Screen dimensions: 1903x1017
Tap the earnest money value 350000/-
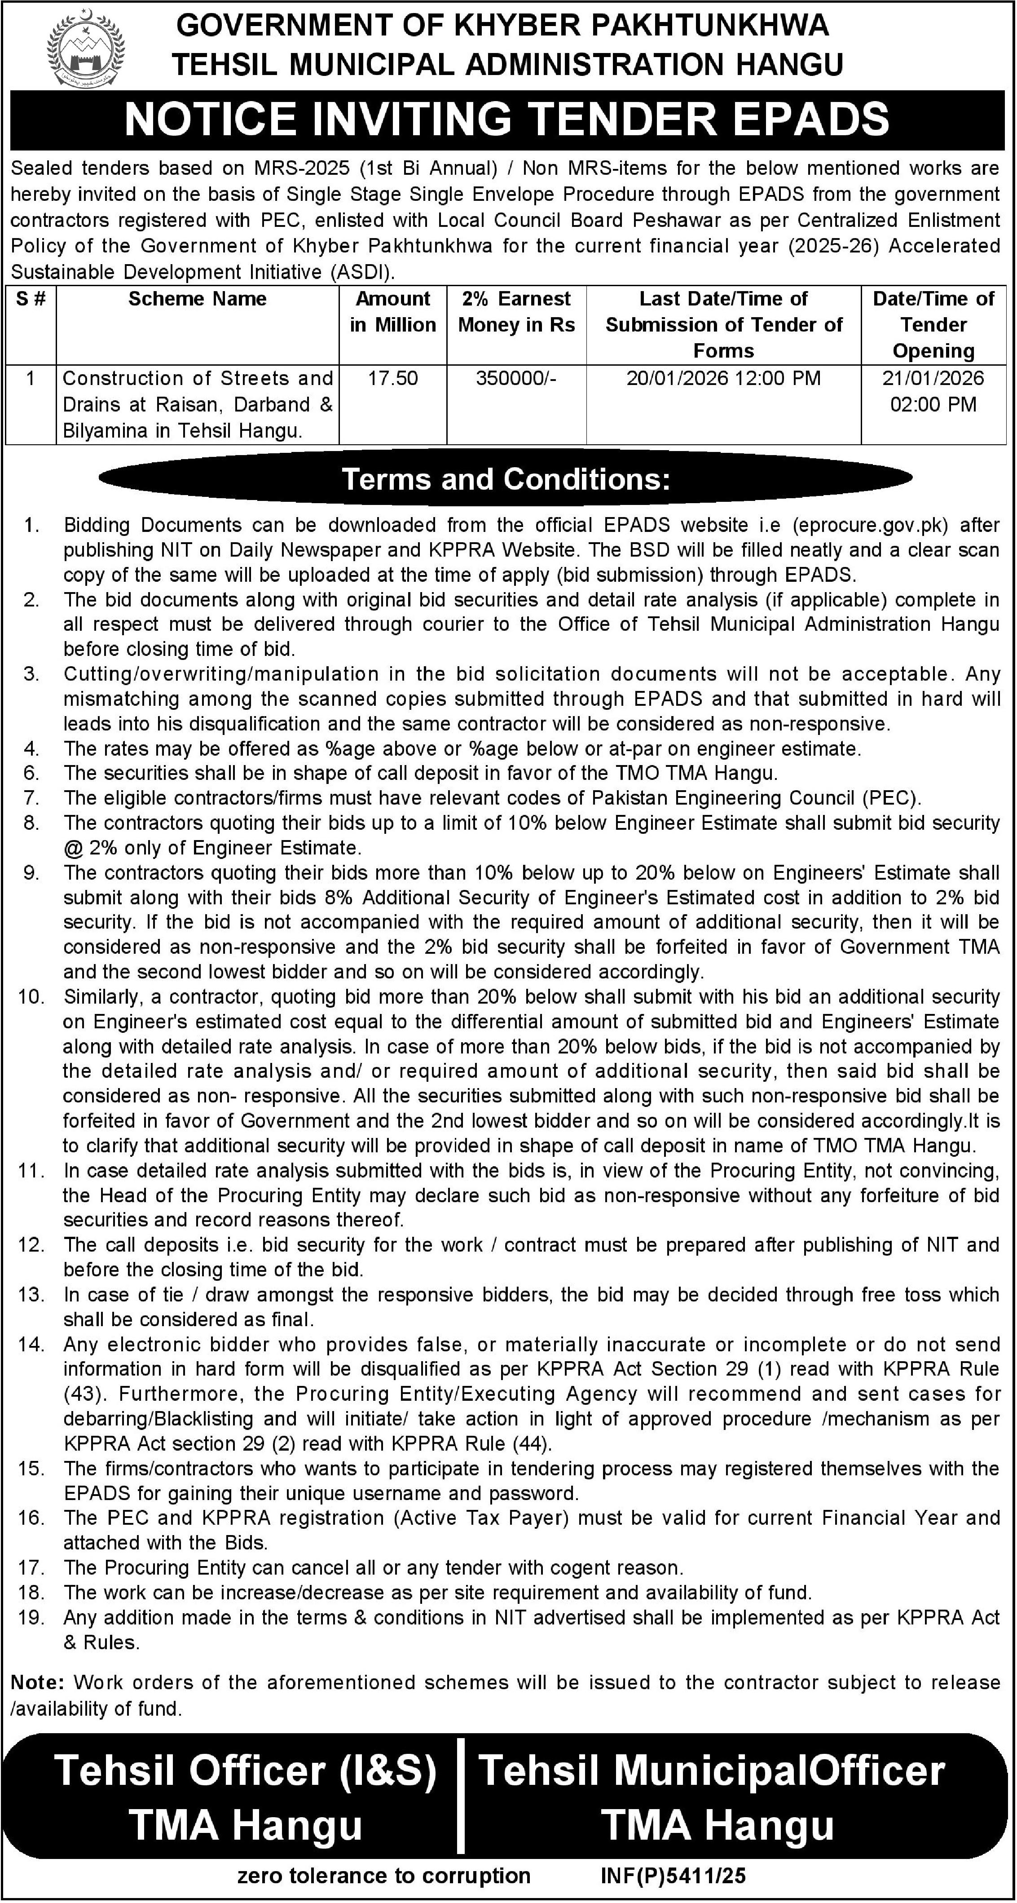(x=516, y=378)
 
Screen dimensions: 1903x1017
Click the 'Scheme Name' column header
(x=197, y=299)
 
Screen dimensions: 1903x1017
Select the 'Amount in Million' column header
(x=393, y=312)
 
